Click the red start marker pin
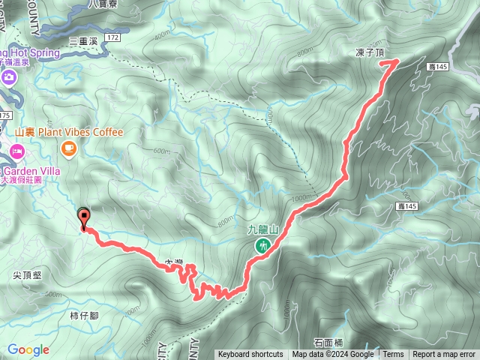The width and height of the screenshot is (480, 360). tap(83, 217)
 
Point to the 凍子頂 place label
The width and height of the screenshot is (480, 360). tap(370, 53)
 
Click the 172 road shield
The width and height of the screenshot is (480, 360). tap(112, 37)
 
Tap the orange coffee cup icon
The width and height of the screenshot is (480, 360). tap(70, 150)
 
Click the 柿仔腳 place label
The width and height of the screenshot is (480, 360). tap(83, 316)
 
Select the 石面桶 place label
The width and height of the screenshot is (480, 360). tap(328, 342)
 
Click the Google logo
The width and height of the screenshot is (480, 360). tap(28, 349)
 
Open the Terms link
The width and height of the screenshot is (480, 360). tap(393, 355)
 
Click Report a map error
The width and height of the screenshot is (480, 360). tap(444, 355)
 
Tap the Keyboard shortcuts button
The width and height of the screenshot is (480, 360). tap(250, 355)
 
